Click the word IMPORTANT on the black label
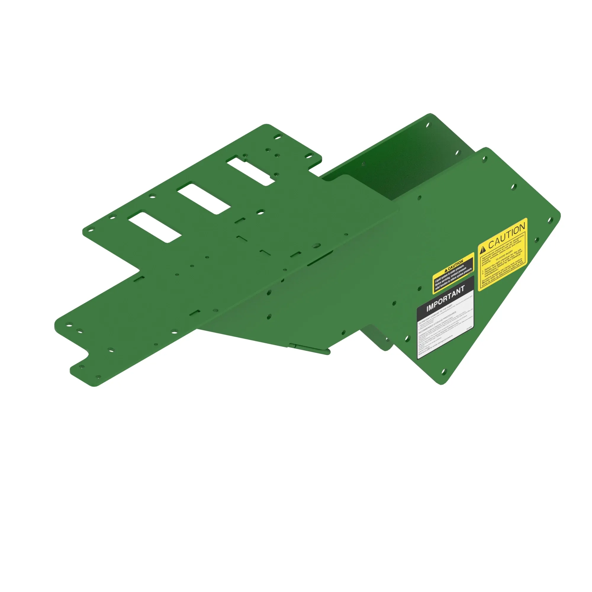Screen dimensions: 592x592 pyautogui.click(x=445, y=299)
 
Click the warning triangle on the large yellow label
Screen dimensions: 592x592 pyautogui.click(x=483, y=249)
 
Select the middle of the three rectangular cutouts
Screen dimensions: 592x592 pyautogui.click(x=204, y=198)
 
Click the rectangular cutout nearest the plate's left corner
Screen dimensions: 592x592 pyautogui.click(x=155, y=227)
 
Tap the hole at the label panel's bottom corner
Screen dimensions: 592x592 pyautogui.click(x=443, y=372)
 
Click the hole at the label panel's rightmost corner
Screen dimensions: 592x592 pyautogui.click(x=550, y=220)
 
